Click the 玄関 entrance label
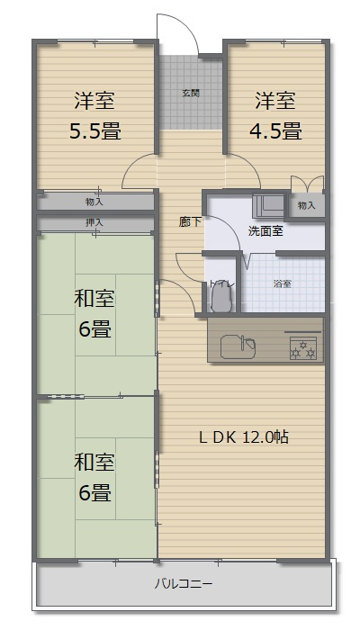pos(190,92)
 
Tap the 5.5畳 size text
pos(95,131)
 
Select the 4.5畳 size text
pos(275,131)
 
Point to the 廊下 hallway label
pos(190,221)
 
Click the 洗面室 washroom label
pos(265,230)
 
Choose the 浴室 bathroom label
pos(282,283)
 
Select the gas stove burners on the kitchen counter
pos(302,347)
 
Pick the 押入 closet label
pos(94,221)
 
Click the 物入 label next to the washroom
pos(306,206)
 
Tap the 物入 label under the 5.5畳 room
pos(94,202)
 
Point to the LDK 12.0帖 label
pos(243,437)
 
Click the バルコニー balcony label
pos(184,584)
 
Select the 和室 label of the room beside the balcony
pos(94,463)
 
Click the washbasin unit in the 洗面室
pos(268,205)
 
